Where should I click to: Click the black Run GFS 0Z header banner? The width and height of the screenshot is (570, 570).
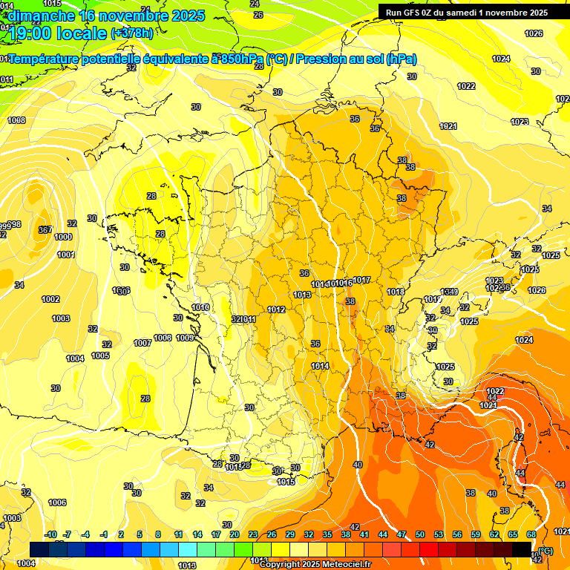466,12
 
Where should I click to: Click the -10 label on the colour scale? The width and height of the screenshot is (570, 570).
50,534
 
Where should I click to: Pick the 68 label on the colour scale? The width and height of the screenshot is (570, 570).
531,534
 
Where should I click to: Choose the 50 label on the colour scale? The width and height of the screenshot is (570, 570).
420,534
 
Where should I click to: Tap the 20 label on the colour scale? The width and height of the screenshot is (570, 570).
234,534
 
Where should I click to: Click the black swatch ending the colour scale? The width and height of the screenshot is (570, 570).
522,548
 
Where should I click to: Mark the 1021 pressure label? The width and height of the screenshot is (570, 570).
448,127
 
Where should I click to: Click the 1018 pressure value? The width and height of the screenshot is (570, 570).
396,292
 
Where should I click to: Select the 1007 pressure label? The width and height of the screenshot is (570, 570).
142,343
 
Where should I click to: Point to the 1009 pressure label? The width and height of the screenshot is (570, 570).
185,338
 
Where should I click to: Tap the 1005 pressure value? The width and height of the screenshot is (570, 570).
101,356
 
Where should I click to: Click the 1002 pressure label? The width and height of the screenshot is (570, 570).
50,299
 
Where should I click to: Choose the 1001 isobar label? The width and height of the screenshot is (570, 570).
66,255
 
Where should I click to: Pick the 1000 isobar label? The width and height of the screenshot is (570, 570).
63,237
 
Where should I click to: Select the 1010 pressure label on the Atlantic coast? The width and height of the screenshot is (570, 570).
200,307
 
